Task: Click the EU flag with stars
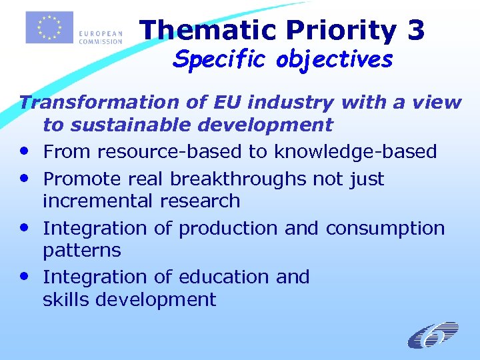coord(49,27)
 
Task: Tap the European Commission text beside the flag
coord(100,37)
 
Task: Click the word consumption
coord(385,229)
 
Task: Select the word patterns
coord(81,251)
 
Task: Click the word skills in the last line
coord(66,299)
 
